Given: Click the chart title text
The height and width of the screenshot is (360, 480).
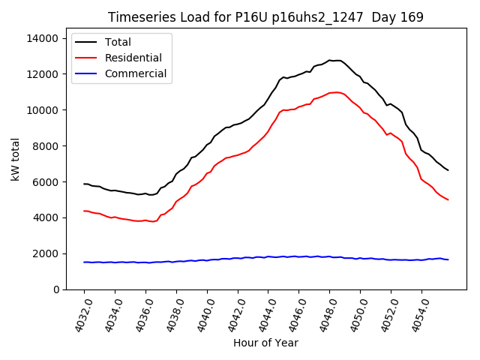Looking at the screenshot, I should click(265, 17).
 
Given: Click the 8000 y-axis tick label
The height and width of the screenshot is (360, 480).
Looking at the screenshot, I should click(46, 146).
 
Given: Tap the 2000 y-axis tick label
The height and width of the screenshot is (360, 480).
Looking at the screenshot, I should click(46, 253).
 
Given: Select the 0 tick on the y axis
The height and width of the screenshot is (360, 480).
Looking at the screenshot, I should click(55, 289).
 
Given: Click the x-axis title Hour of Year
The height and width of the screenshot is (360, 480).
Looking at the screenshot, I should click(265, 343).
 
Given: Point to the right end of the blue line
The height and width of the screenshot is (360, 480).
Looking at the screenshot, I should click(448, 259).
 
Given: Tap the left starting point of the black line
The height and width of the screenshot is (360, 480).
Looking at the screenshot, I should click(84, 184).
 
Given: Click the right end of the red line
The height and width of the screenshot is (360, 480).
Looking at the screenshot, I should click(448, 199).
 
